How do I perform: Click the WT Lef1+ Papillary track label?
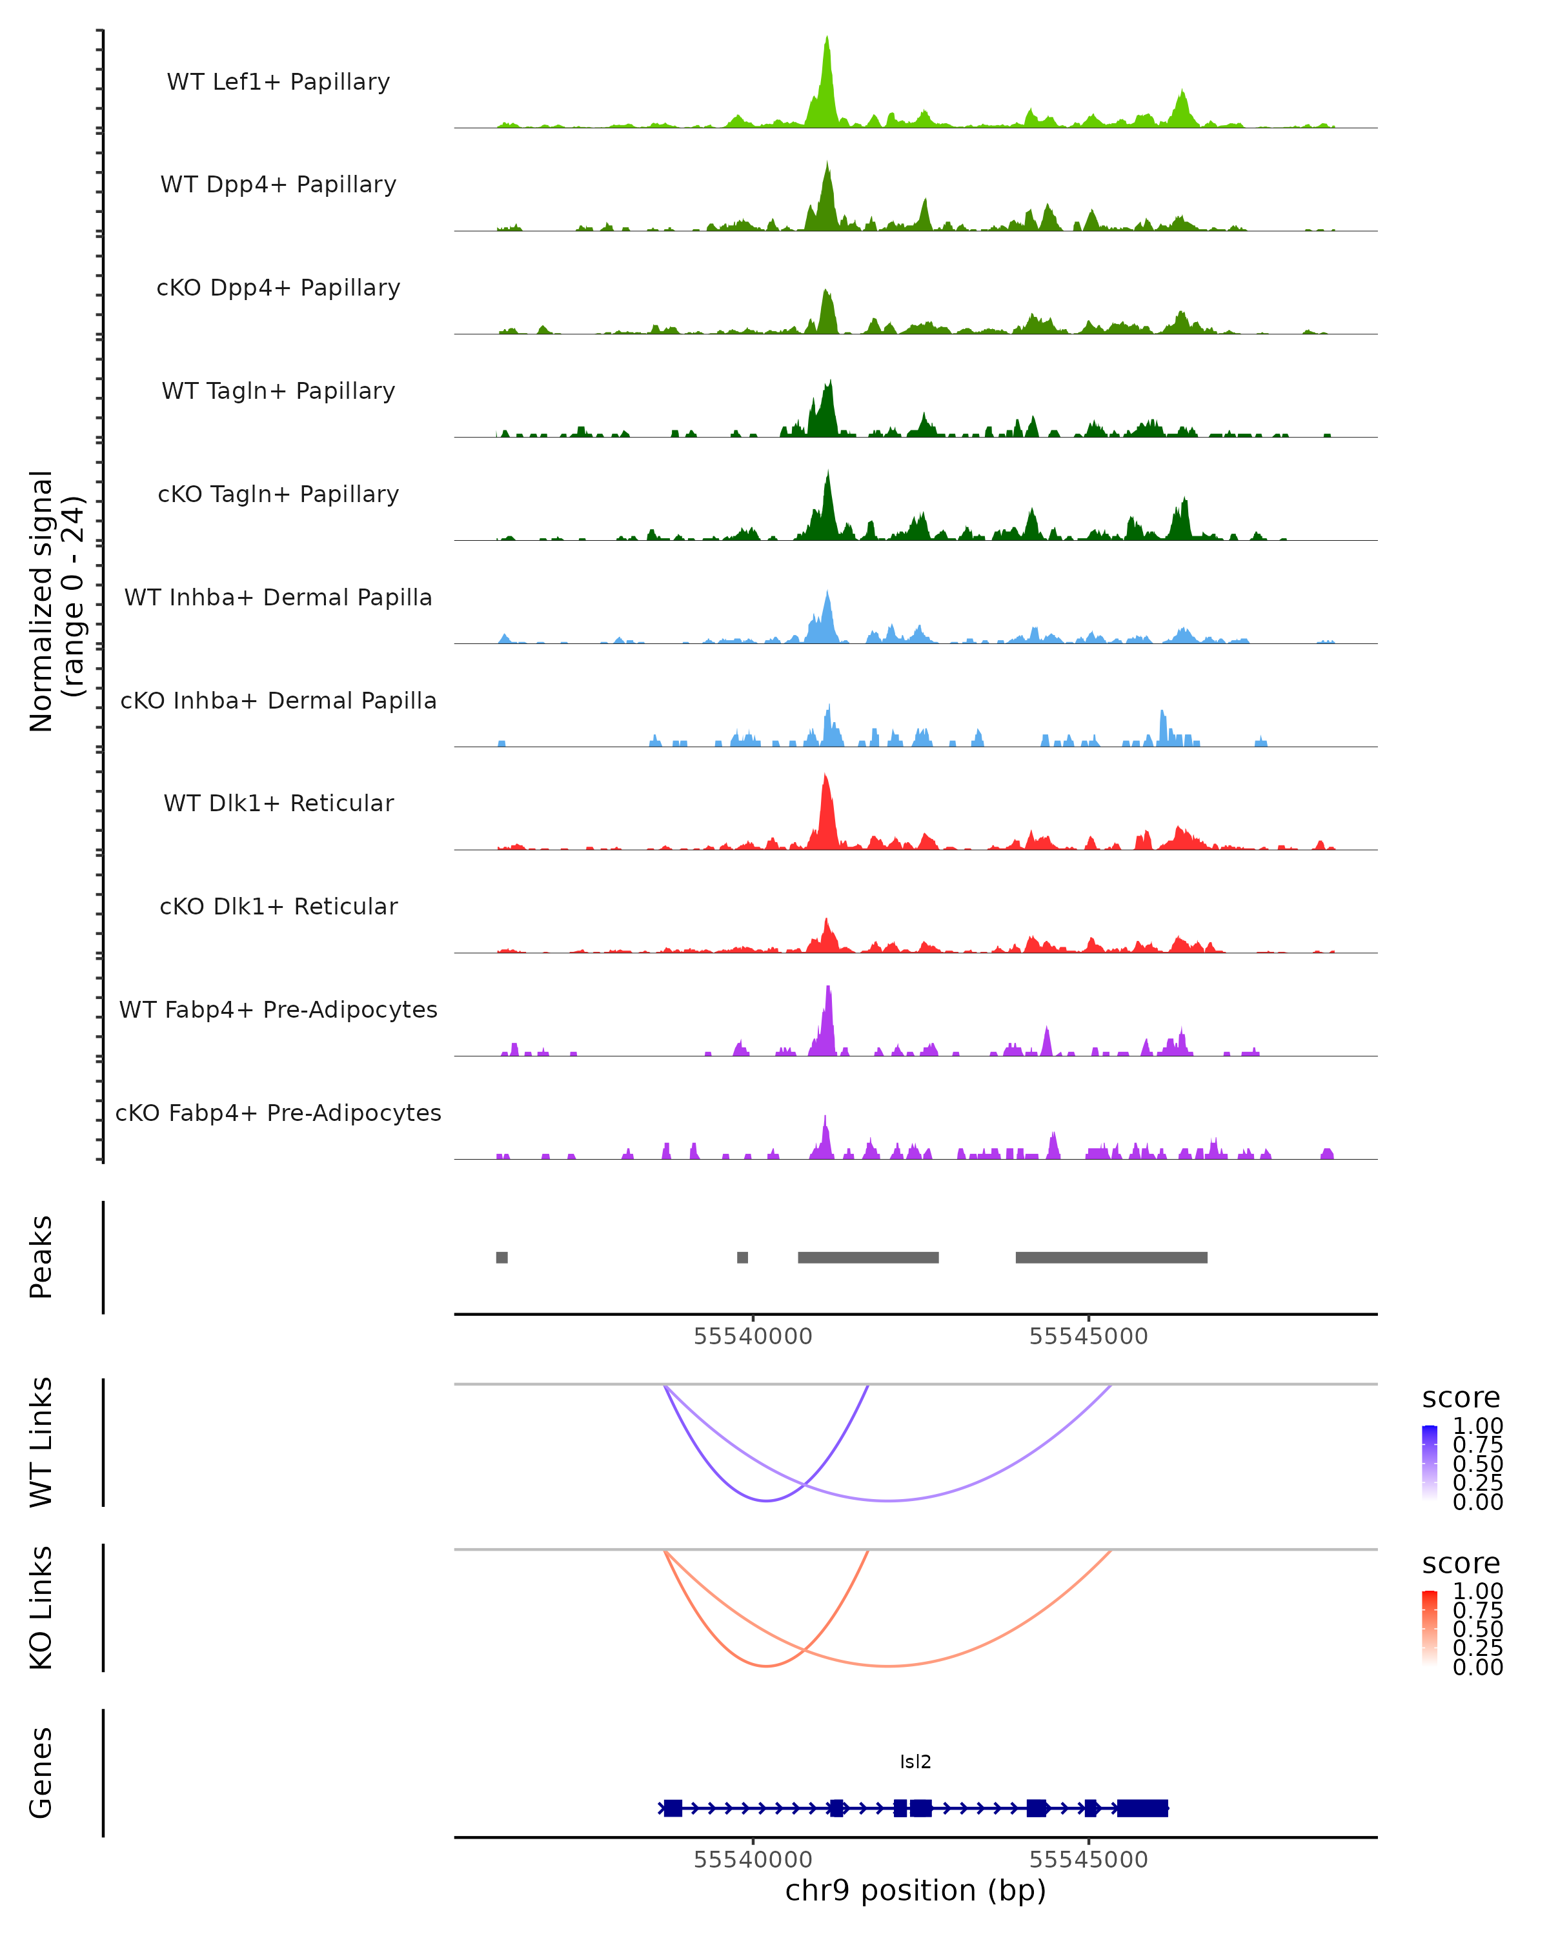pos(278,82)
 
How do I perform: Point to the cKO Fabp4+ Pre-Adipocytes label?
pos(278,1113)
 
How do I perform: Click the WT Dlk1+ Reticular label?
pos(278,803)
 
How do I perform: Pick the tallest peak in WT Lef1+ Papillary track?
pos(827,41)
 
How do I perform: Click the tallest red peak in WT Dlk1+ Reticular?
pos(825,778)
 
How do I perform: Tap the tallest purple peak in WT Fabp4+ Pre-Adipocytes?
pos(829,989)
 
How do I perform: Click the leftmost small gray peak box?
pos(502,1257)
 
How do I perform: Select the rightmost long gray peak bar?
pos(1111,1257)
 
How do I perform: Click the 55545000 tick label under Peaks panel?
pos(1088,1336)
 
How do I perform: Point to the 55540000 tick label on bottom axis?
pos(753,1860)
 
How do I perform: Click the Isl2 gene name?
pos(915,1762)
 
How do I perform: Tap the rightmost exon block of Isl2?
pos(1142,1808)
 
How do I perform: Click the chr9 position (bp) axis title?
pos(915,1890)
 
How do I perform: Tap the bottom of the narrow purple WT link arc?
pos(766,1500)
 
